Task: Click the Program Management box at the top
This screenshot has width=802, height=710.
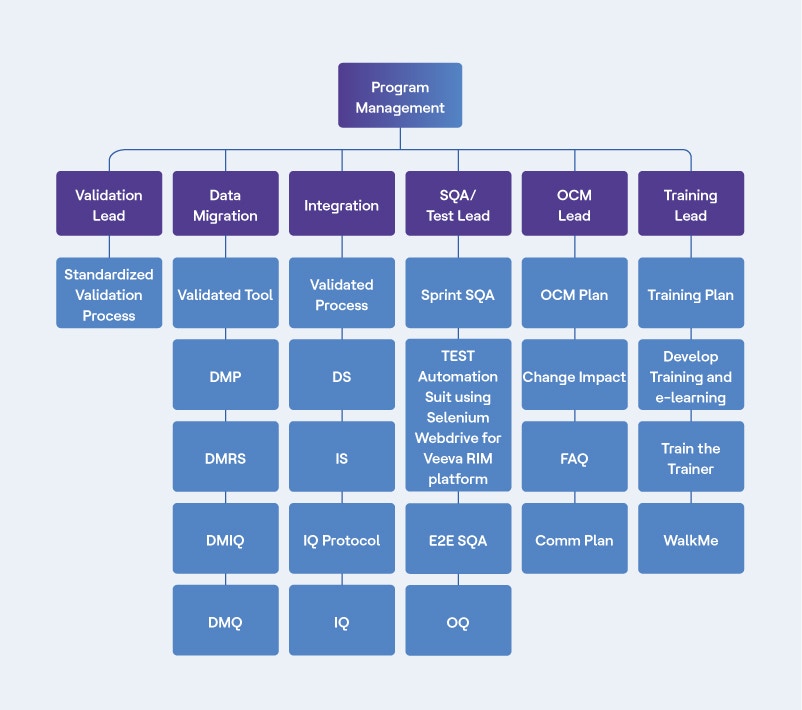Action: (x=400, y=96)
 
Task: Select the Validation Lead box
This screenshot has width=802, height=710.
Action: (x=109, y=204)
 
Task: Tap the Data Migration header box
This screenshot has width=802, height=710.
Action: (x=225, y=204)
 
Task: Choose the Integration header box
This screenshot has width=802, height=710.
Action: (x=341, y=204)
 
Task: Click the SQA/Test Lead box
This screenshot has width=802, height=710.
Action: (x=458, y=204)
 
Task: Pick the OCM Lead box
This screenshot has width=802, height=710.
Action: (x=574, y=204)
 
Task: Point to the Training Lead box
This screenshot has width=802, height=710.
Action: (x=690, y=204)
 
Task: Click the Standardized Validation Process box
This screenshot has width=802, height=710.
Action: (x=109, y=294)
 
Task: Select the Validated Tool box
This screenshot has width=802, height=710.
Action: (x=225, y=294)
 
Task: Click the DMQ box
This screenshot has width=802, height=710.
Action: (x=225, y=621)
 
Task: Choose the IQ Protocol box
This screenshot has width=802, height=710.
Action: (x=341, y=539)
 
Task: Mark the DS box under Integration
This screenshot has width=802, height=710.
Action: (x=341, y=376)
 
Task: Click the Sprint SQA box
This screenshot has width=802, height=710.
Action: (x=458, y=294)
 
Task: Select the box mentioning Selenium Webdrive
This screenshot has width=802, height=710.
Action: (x=458, y=416)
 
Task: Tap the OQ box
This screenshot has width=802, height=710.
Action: (x=458, y=621)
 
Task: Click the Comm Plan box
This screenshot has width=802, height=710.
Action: (x=574, y=539)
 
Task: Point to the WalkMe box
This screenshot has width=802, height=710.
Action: (x=690, y=539)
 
